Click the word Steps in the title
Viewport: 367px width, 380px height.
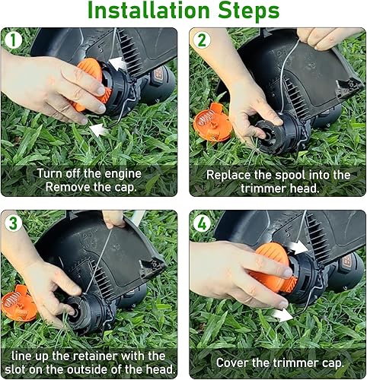[247, 13]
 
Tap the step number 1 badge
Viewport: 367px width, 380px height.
[13, 40]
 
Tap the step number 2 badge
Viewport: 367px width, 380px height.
[201, 40]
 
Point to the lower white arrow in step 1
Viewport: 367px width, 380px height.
[99, 130]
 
